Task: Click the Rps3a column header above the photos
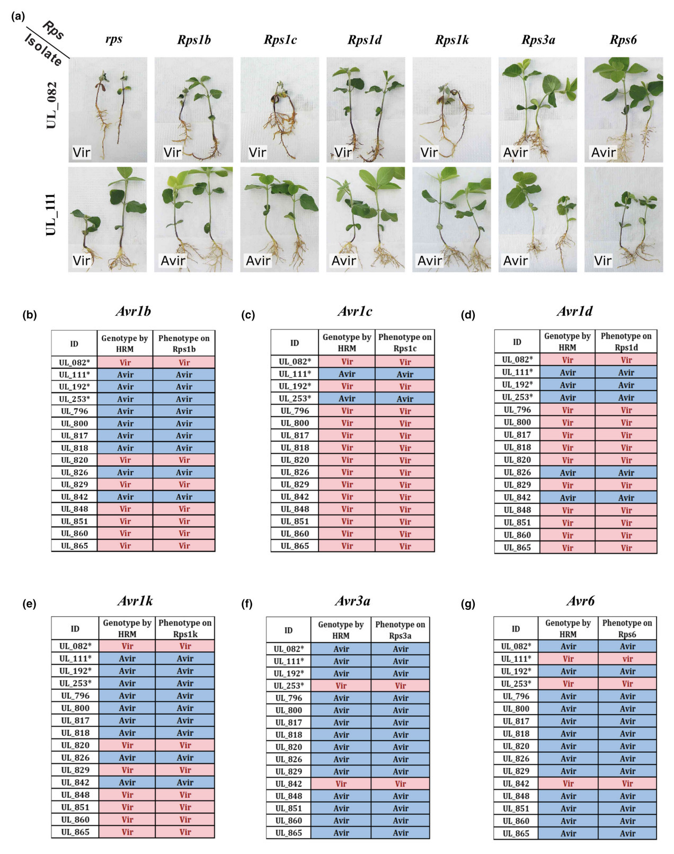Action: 538,40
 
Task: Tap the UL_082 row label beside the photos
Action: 51,105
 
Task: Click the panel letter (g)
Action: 468,604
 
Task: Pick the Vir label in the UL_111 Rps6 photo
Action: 602,261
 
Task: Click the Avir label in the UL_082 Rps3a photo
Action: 515,153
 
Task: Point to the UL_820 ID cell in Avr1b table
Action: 74,460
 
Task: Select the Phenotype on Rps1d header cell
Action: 626,342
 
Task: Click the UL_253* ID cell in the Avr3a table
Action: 288,686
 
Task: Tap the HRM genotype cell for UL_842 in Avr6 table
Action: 568,784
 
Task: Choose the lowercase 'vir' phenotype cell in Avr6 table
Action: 627,659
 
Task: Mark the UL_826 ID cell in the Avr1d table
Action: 517,473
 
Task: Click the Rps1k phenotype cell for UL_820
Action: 185,745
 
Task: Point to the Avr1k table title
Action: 135,601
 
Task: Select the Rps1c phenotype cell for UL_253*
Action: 405,399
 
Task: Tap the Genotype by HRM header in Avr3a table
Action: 341,630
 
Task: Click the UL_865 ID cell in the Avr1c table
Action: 295,546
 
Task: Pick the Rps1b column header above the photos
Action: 193,40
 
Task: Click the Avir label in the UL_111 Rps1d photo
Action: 343,261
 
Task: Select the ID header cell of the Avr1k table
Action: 75,629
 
